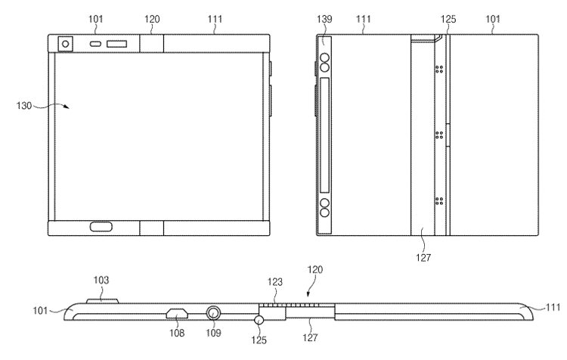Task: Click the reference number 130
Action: (24, 106)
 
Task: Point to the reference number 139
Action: (324, 19)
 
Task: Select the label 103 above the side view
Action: (101, 280)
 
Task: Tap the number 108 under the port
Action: (177, 333)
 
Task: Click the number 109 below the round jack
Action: (213, 333)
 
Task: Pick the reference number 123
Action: (275, 282)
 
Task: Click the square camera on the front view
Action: (66, 44)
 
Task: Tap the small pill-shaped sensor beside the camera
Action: (96, 44)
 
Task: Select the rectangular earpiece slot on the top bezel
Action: (116, 44)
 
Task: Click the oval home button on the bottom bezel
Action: (101, 227)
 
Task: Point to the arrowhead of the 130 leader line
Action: (67, 107)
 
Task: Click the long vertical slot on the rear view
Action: (324, 135)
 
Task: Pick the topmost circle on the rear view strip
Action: (325, 58)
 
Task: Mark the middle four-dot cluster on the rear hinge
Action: (439, 135)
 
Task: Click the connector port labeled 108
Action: (177, 313)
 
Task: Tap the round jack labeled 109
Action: (213, 313)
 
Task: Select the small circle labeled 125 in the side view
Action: (259, 320)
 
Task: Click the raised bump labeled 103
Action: (102, 301)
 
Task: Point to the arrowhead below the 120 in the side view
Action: (308, 294)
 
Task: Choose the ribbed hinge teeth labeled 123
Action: (290, 306)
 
